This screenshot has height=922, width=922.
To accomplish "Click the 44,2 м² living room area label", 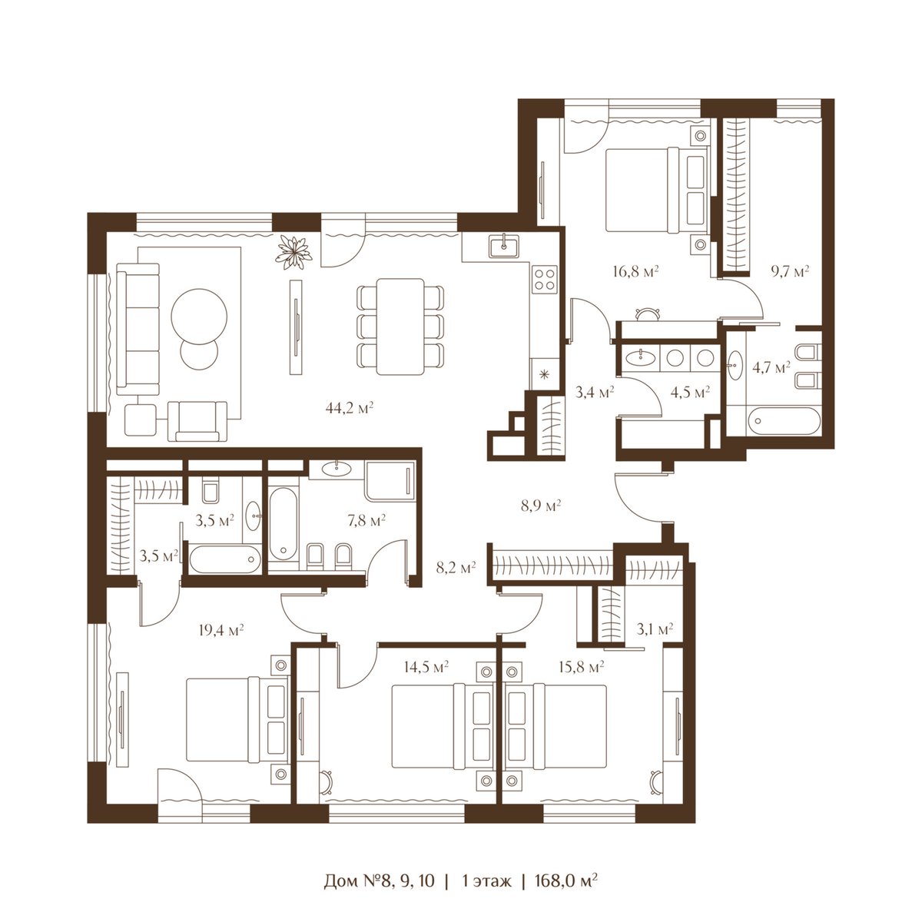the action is (x=349, y=408).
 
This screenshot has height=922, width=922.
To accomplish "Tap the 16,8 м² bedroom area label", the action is (x=635, y=272).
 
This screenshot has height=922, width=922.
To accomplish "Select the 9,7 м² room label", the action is (x=790, y=272).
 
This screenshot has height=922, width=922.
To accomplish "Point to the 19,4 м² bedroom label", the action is (x=221, y=630).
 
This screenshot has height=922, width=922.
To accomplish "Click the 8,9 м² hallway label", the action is (x=541, y=506).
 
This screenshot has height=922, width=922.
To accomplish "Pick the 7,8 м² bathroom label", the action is (x=366, y=519).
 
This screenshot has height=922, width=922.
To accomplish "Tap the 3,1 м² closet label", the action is (x=655, y=628).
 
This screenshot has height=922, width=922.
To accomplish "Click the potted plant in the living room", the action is (x=294, y=252).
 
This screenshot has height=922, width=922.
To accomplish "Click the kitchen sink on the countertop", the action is (x=504, y=246).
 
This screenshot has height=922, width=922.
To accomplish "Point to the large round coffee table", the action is (x=199, y=316).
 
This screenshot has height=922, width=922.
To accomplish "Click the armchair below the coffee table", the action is (x=197, y=421).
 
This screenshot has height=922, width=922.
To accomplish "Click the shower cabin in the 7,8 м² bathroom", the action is (x=390, y=480).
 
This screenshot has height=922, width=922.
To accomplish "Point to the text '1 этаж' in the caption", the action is (x=486, y=854).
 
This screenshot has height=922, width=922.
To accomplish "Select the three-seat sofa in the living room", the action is (x=138, y=329).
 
